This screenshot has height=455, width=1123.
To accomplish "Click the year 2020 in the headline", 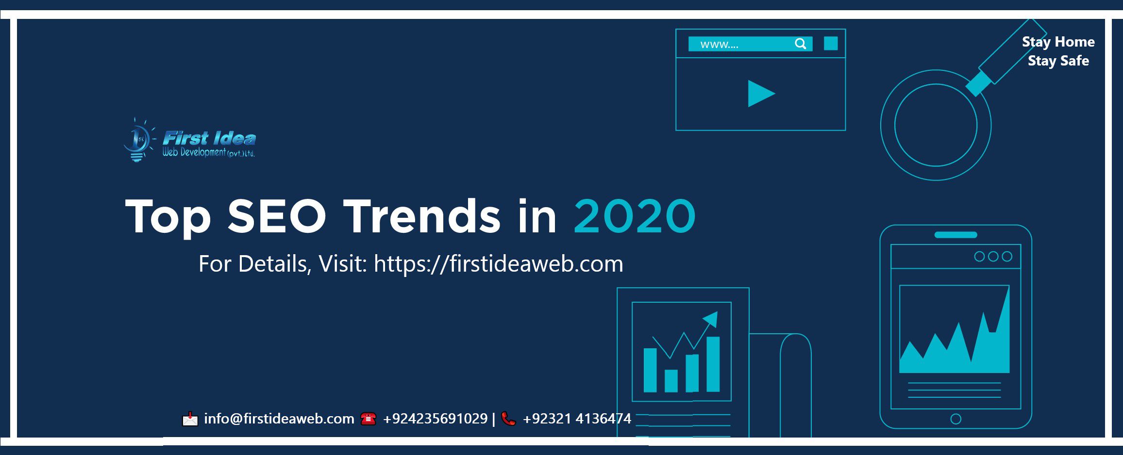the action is [x=635, y=216].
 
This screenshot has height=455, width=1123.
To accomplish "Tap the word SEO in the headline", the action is [x=277, y=216].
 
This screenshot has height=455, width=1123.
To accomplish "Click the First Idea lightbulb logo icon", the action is [x=138, y=140].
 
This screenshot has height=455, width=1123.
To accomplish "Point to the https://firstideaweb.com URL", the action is [x=498, y=264].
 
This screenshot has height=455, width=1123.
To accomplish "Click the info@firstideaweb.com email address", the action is [x=279, y=419].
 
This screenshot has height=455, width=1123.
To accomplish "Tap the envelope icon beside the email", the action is [x=190, y=419].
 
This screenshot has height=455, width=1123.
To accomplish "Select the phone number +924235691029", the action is [x=435, y=419].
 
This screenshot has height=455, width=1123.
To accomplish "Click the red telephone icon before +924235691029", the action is [x=369, y=419].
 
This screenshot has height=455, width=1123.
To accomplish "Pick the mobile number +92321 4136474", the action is [x=577, y=419].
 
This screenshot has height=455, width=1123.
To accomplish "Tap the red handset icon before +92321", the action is [x=508, y=419].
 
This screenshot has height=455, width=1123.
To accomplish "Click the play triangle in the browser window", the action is [x=761, y=94].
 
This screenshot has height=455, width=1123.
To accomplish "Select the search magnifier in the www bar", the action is [x=801, y=44].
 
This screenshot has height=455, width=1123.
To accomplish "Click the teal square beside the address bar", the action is [x=831, y=44].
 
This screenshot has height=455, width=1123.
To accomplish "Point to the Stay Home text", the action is [x=1058, y=42].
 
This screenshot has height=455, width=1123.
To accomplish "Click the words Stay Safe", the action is [x=1058, y=61].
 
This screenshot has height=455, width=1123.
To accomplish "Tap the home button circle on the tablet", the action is [x=955, y=419].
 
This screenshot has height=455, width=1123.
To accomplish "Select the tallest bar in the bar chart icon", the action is [x=713, y=364].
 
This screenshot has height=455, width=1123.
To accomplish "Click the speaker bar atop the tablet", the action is [x=955, y=235].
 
